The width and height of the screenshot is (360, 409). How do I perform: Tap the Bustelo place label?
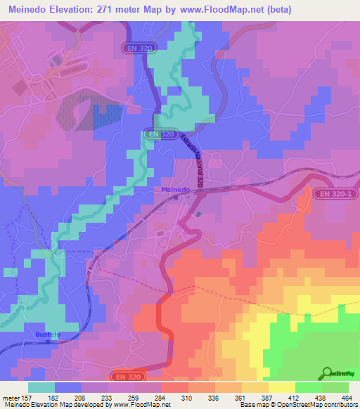48,335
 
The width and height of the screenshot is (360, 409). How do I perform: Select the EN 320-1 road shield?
334,193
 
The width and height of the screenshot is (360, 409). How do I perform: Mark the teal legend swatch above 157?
41,387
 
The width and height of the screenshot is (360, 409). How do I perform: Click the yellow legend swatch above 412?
282,387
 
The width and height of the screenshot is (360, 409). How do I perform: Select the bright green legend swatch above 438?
309,387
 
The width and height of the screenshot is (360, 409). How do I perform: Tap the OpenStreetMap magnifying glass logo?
327,374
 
